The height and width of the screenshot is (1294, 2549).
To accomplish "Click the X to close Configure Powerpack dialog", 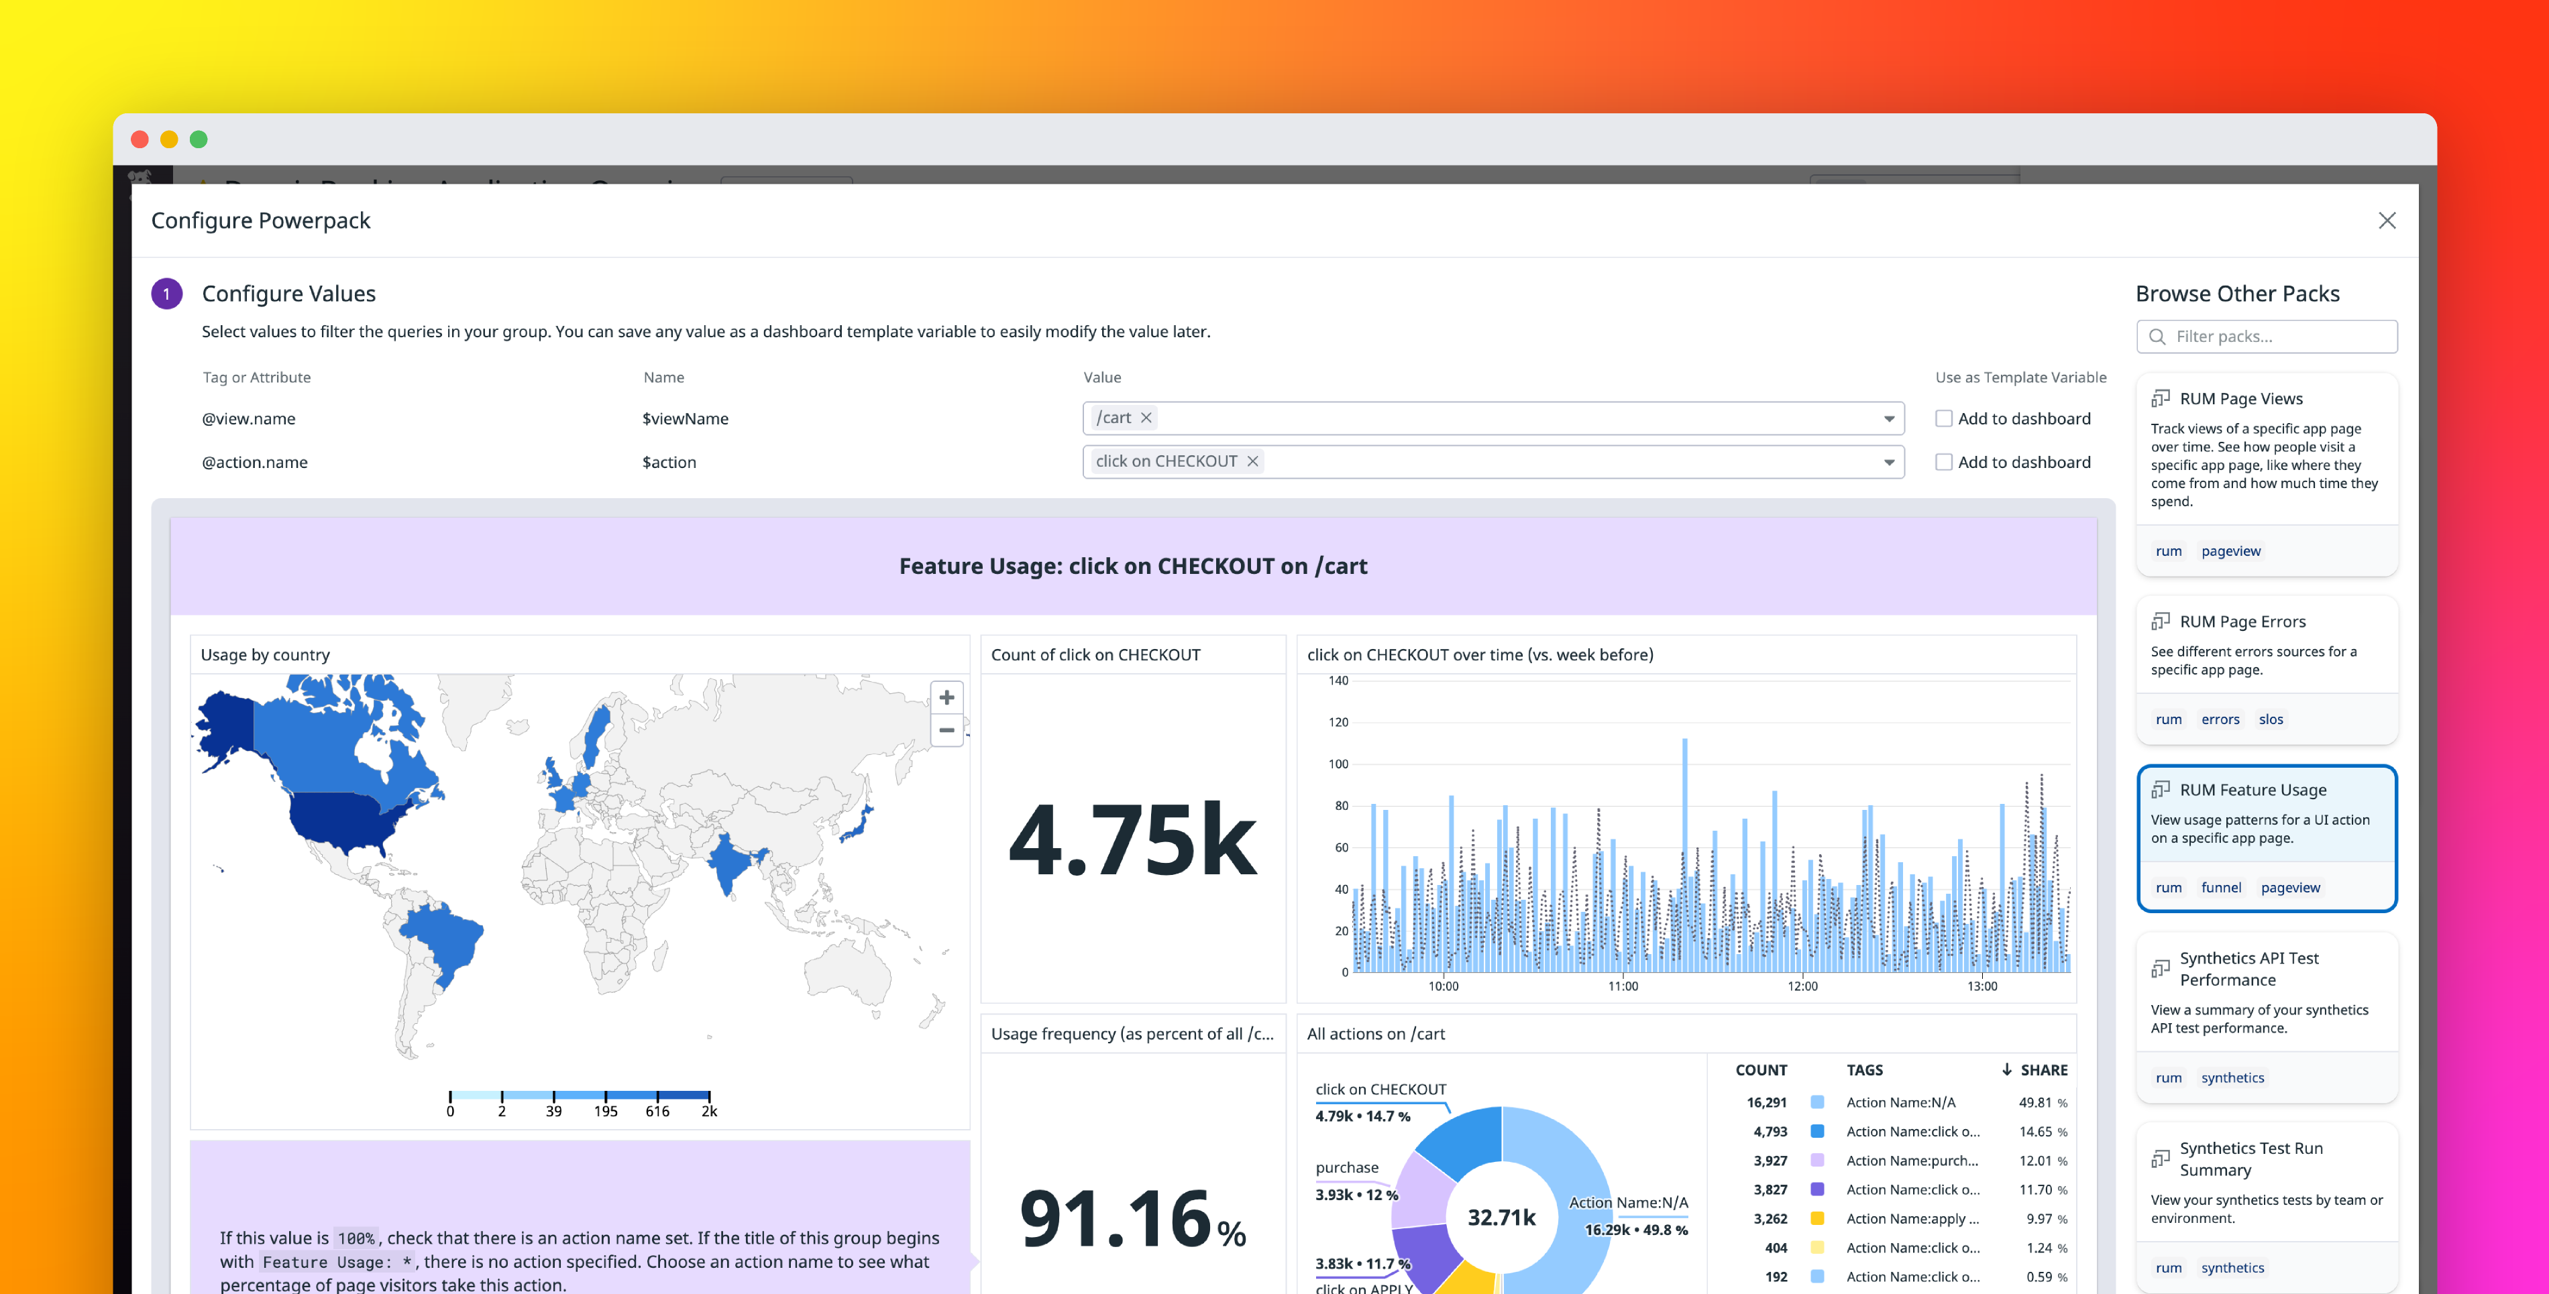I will pos(2386,221).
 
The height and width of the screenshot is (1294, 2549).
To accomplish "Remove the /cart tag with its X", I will pos(1146,418).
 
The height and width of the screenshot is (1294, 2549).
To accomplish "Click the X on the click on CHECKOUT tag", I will pos(1252,461).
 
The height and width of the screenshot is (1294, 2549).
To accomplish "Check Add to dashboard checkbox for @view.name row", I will pos(1943,418).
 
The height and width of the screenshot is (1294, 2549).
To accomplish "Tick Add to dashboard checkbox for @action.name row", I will pos(1943,462).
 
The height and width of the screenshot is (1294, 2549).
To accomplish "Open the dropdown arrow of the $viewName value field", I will pos(1888,418).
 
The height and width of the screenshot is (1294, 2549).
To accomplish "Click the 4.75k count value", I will pos(1132,840).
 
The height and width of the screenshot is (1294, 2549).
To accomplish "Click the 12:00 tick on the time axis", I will pos(1802,986).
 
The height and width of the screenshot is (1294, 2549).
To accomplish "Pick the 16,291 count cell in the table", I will pos(1766,1102).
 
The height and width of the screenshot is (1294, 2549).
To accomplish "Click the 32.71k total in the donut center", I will pos(1501,1217).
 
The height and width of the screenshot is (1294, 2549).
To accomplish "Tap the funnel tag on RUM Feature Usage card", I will pos(2220,888).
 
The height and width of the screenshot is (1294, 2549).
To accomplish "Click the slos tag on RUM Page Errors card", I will pos(2270,719).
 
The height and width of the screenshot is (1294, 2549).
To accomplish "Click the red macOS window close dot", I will pos(140,139).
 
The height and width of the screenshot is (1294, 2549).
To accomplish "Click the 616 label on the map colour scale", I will pos(657,1111).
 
